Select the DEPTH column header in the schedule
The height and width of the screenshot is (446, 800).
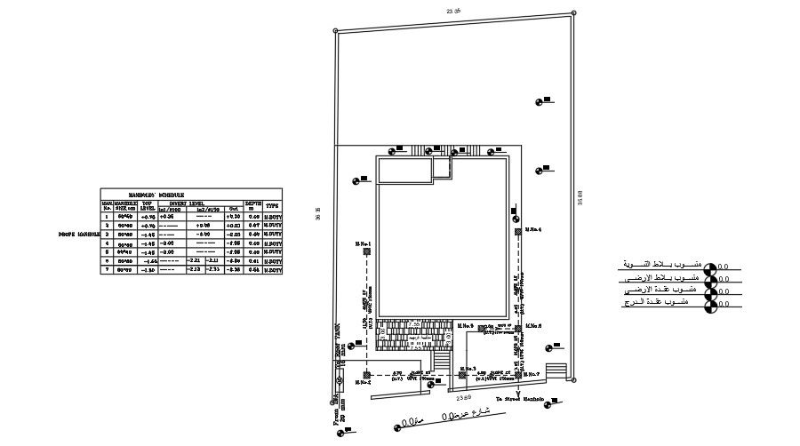[x=252, y=204]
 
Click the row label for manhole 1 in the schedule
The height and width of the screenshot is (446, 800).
[x=107, y=216]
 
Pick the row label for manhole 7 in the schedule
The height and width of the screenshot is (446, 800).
[x=107, y=269]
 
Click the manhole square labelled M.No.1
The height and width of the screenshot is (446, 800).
[x=365, y=251]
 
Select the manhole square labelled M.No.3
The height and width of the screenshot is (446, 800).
[x=463, y=375]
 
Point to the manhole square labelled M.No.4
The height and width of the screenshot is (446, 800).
[x=517, y=232]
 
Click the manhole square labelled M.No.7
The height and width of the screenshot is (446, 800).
[x=519, y=375]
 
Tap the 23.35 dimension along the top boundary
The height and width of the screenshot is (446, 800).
[x=453, y=11]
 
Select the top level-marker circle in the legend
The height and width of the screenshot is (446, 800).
[x=709, y=266]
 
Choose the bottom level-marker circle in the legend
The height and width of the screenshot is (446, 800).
[x=709, y=307]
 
